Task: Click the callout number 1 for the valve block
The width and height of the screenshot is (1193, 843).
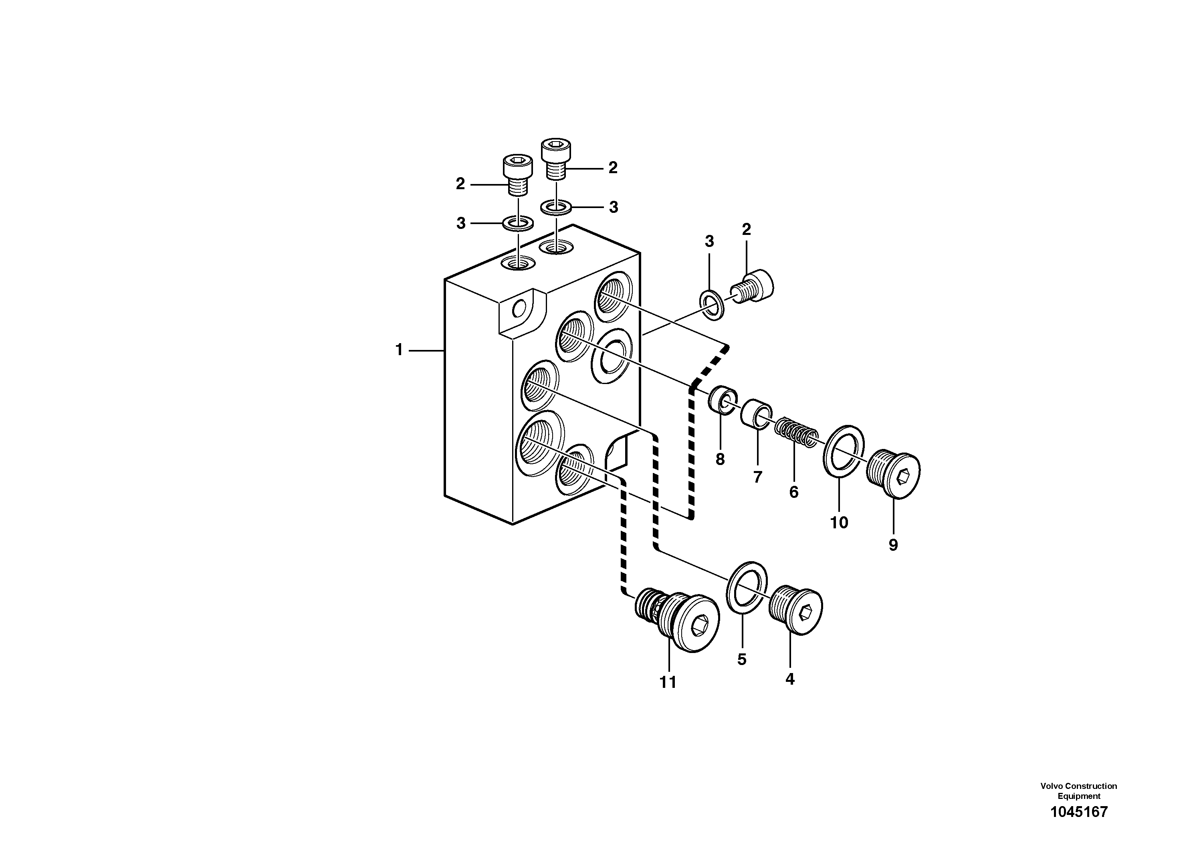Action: [x=399, y=350]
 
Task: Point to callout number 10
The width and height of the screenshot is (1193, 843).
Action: [x=839, y=522]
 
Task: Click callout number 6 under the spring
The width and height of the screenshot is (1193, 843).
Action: [x=793, y=492]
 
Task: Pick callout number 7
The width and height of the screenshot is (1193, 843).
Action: [x=757, y=477]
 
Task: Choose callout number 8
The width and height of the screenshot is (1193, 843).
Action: [x=720, y=459]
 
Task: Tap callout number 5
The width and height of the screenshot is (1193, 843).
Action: [x=741, y=659]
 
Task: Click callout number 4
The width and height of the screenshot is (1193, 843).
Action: [x=790, y=679]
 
